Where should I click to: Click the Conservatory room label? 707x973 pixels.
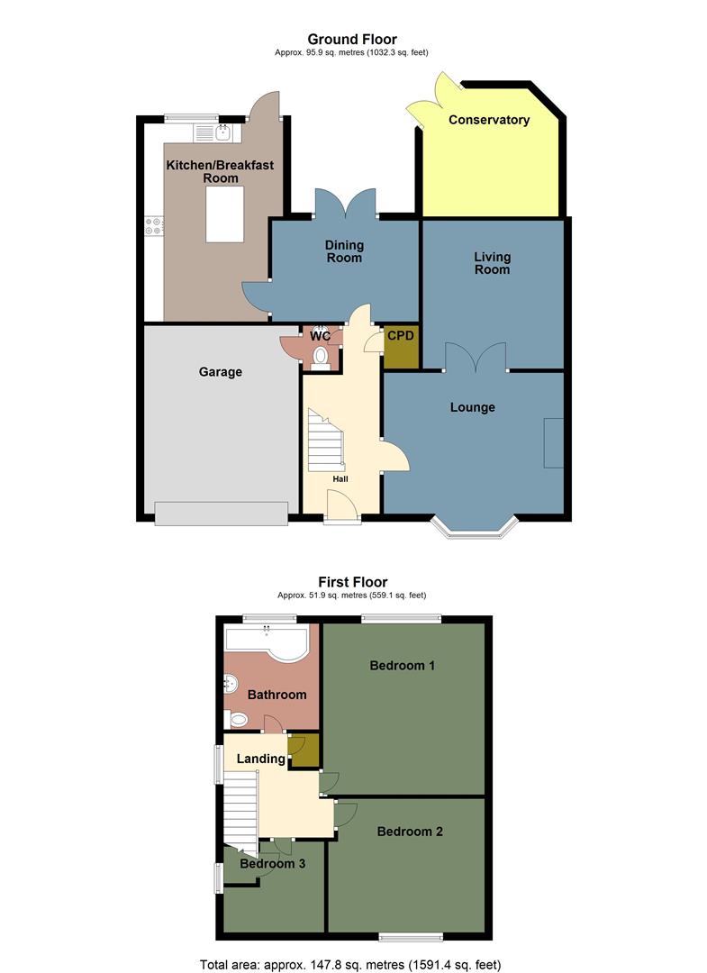coord(489,120)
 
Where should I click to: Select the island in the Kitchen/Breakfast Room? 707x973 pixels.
coord(224,216)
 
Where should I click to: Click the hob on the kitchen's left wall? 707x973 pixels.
coord(153,227)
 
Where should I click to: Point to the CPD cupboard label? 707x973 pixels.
coord(401,335)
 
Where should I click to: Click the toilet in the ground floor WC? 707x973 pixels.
coord(320,359)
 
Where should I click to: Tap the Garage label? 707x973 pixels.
coord(221,371)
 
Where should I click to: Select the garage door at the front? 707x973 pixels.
coord(222,514)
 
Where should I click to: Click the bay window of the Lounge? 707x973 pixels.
coord(474,529)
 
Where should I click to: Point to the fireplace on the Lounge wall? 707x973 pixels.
coord(553,442)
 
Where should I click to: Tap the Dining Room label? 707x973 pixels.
coord(344,251)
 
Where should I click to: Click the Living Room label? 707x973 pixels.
coord(492,263)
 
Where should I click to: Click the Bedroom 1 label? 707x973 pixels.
coord(403,666)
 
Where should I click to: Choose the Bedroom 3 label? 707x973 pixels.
coord(273,863)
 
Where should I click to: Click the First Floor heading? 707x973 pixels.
coord(352,582)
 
